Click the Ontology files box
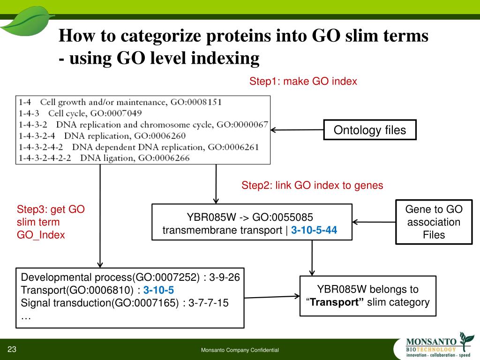(x=369, y=130)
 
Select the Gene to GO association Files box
(x=434, y=222)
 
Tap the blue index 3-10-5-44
(x=314, y=230)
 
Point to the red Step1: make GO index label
(x=303, y=81)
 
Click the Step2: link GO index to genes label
(x=312, y=185)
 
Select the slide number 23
(x=12, y=349)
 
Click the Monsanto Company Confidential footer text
(x=240, y=350)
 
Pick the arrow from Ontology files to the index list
(x=297, y=130)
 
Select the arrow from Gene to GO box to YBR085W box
(x=374, y=222)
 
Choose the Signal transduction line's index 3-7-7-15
(x=208, y=303)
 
